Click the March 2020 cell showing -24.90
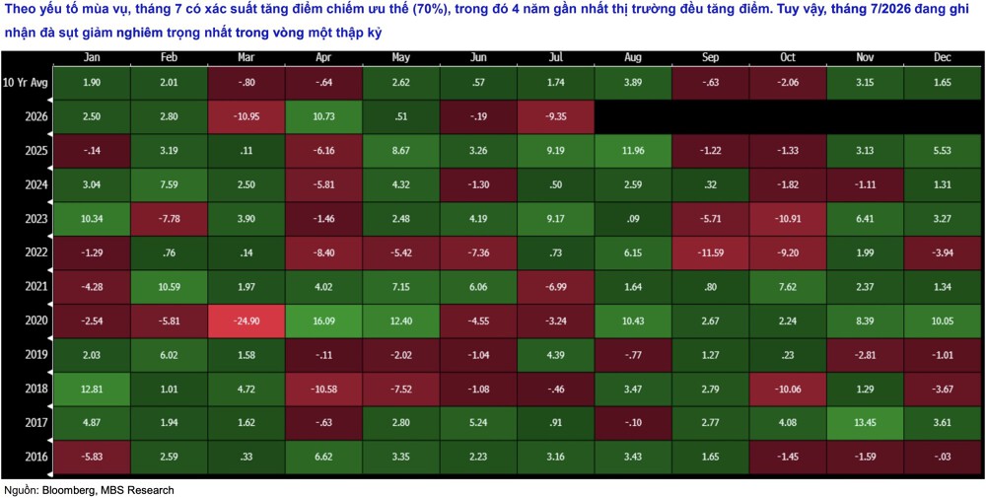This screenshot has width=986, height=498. (x=246, y=321)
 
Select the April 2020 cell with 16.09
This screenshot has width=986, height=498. (x=323, y=321)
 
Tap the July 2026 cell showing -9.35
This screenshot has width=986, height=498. (x=556, y=117)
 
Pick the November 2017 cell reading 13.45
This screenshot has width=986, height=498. (x=865, y=423)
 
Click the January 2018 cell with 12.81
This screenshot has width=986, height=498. (x=91, y=390)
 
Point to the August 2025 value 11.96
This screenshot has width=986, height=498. (x=633, y=152)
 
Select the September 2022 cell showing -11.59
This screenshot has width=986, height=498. (x=711, y=253)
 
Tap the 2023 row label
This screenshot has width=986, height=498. (x=35, y=220)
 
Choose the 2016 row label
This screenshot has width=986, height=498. (x=35, y=458)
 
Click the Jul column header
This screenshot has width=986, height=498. (x=556, y=57)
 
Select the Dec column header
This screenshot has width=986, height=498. (x=943, y=57)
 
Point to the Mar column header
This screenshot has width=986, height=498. (x=246, y=57)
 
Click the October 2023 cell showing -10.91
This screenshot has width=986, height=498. (x=788, y=220)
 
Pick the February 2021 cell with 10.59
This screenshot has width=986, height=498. (x=169, y=287)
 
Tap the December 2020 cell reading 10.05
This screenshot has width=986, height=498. (x=943, y=321)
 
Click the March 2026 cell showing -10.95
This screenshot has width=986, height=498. (x=246, y=117)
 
